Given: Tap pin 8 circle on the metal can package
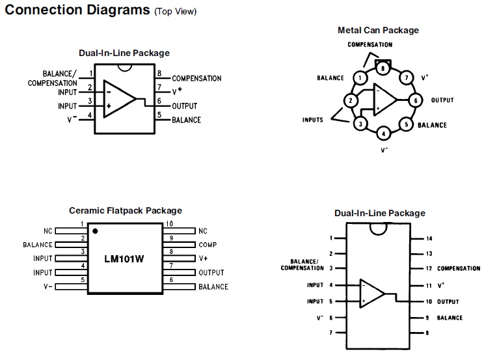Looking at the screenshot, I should [384, 68].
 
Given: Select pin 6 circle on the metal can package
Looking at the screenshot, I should [414, 100].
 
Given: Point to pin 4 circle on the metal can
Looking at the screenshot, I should [384, 133].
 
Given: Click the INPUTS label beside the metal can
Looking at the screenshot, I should [312, 120].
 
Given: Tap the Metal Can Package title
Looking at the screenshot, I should [378, 30].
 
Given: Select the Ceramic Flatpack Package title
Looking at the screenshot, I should [126, 211].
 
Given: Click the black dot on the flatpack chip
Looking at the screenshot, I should [95, 231].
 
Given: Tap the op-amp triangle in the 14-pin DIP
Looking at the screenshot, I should [371, 294].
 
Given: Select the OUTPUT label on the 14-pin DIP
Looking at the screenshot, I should [448, 302].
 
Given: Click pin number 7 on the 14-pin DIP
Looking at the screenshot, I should [330, 333].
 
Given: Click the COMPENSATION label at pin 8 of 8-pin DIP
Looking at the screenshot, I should [196, 79].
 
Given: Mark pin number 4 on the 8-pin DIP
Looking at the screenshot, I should [90, 115].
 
